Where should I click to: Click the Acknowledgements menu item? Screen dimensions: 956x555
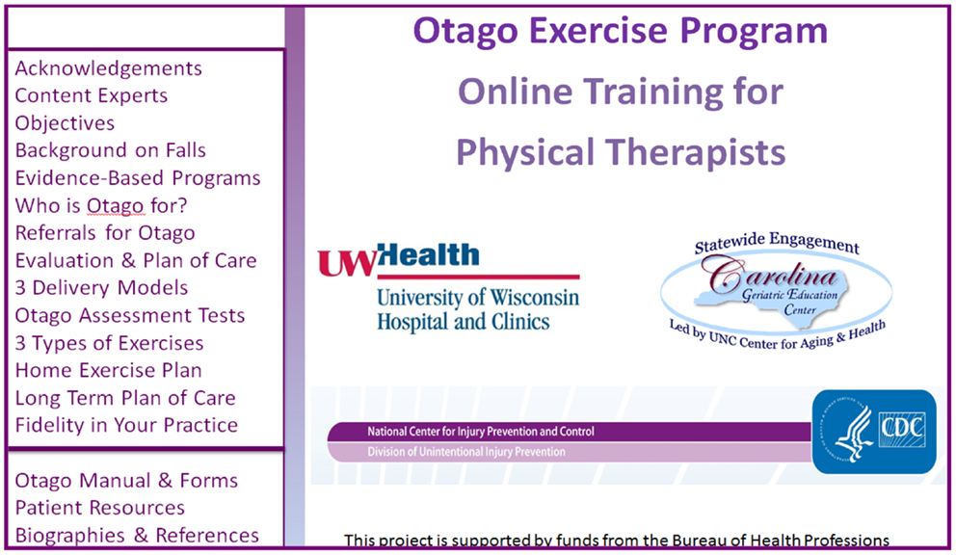pos(109,68)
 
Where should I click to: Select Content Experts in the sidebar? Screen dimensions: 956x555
pos(92,95)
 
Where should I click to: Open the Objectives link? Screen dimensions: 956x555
pos(65,123)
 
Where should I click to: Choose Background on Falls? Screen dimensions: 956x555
pos(111,150)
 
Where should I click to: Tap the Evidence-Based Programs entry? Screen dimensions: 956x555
pos(138,178)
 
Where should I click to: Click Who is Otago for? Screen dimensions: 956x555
pos(101,205)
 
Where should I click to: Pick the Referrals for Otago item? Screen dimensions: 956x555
pos(105,233)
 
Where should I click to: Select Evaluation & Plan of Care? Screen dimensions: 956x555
pos(136,260)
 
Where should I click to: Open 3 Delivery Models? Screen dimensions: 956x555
pos(101,288)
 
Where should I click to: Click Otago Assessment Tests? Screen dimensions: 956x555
pos(130,315)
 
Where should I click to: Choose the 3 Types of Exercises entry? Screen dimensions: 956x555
pos(109,343)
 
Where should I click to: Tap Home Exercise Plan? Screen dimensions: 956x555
pos(109,370)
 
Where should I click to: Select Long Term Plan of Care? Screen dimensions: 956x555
pos(125,398)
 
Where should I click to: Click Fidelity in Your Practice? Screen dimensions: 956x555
pos(126,425)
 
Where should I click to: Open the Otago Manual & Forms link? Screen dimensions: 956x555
pos(126,481)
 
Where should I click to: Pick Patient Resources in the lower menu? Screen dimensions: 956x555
pos(100,508)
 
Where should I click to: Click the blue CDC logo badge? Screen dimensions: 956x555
pos(874,432)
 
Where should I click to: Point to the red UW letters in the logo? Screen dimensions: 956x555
pos(347,263)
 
